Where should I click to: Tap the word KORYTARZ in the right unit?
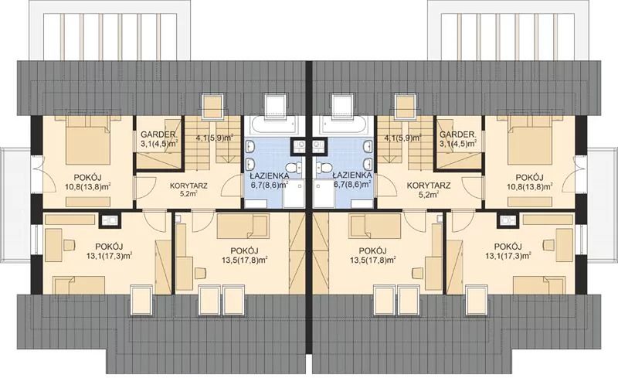[x=429, y=185]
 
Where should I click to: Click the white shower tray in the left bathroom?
[x=294, y=195]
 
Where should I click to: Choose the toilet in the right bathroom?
[x=324, y=169]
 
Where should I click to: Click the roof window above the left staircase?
[x=213, y=106]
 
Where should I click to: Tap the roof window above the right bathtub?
[x=342, y=105]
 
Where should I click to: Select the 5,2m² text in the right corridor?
[x=429, y=195]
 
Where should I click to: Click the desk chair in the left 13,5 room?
[x=201, y=273]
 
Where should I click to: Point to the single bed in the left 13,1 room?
[x=80, y=285]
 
